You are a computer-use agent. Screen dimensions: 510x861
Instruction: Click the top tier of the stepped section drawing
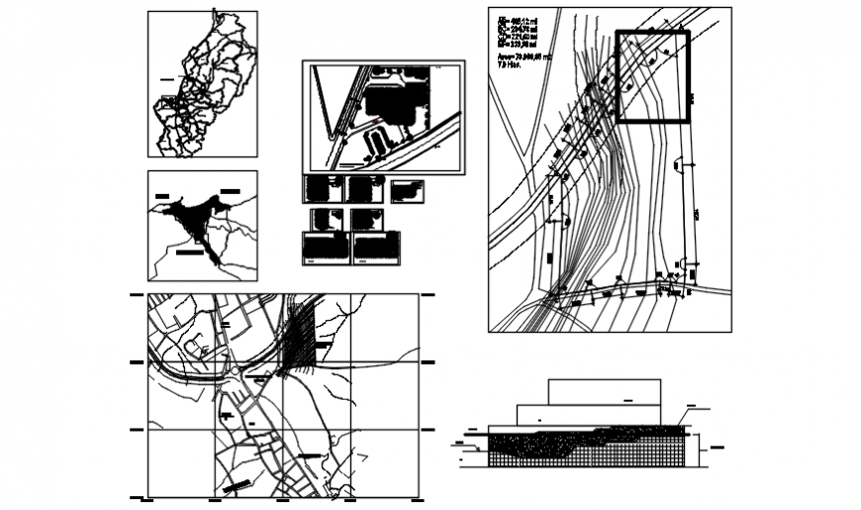point(604,390)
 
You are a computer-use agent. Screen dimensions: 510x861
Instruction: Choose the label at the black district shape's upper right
point(230,189)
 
